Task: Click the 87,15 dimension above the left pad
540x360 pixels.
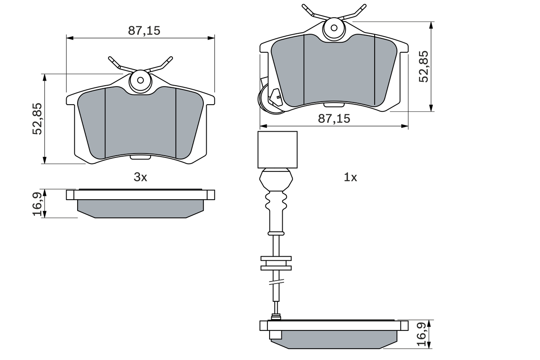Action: tap(144, 31)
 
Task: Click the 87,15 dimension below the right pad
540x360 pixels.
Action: tap(334, 119)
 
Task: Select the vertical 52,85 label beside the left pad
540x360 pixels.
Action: tap(38, 119)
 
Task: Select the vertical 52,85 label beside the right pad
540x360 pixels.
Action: tap(424, 67)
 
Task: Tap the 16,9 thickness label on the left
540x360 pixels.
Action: tap(38, 203)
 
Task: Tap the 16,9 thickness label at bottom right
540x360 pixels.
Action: tap(424, 334)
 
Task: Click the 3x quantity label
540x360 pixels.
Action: tap(140, 178)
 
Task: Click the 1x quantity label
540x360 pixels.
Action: tap(350, 178)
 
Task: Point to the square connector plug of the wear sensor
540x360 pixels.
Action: tap(278, 149)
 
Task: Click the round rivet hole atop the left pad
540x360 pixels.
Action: tap(140, 80)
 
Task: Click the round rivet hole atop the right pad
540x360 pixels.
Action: tap(334, 28)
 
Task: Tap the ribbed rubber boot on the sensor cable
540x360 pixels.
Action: tap(276, 201)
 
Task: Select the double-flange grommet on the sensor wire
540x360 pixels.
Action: tap(276, 263)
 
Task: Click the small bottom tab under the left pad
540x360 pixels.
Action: tap(140, 157)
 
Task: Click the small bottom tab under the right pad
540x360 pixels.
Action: tap(334, 105)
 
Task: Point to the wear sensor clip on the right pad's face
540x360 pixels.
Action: tap(276, 97)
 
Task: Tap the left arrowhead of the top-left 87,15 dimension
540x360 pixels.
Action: tap(70, 38)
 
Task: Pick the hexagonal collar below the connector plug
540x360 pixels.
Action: tap(276, 179)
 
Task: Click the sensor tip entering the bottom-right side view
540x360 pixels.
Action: tap(276, 317)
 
